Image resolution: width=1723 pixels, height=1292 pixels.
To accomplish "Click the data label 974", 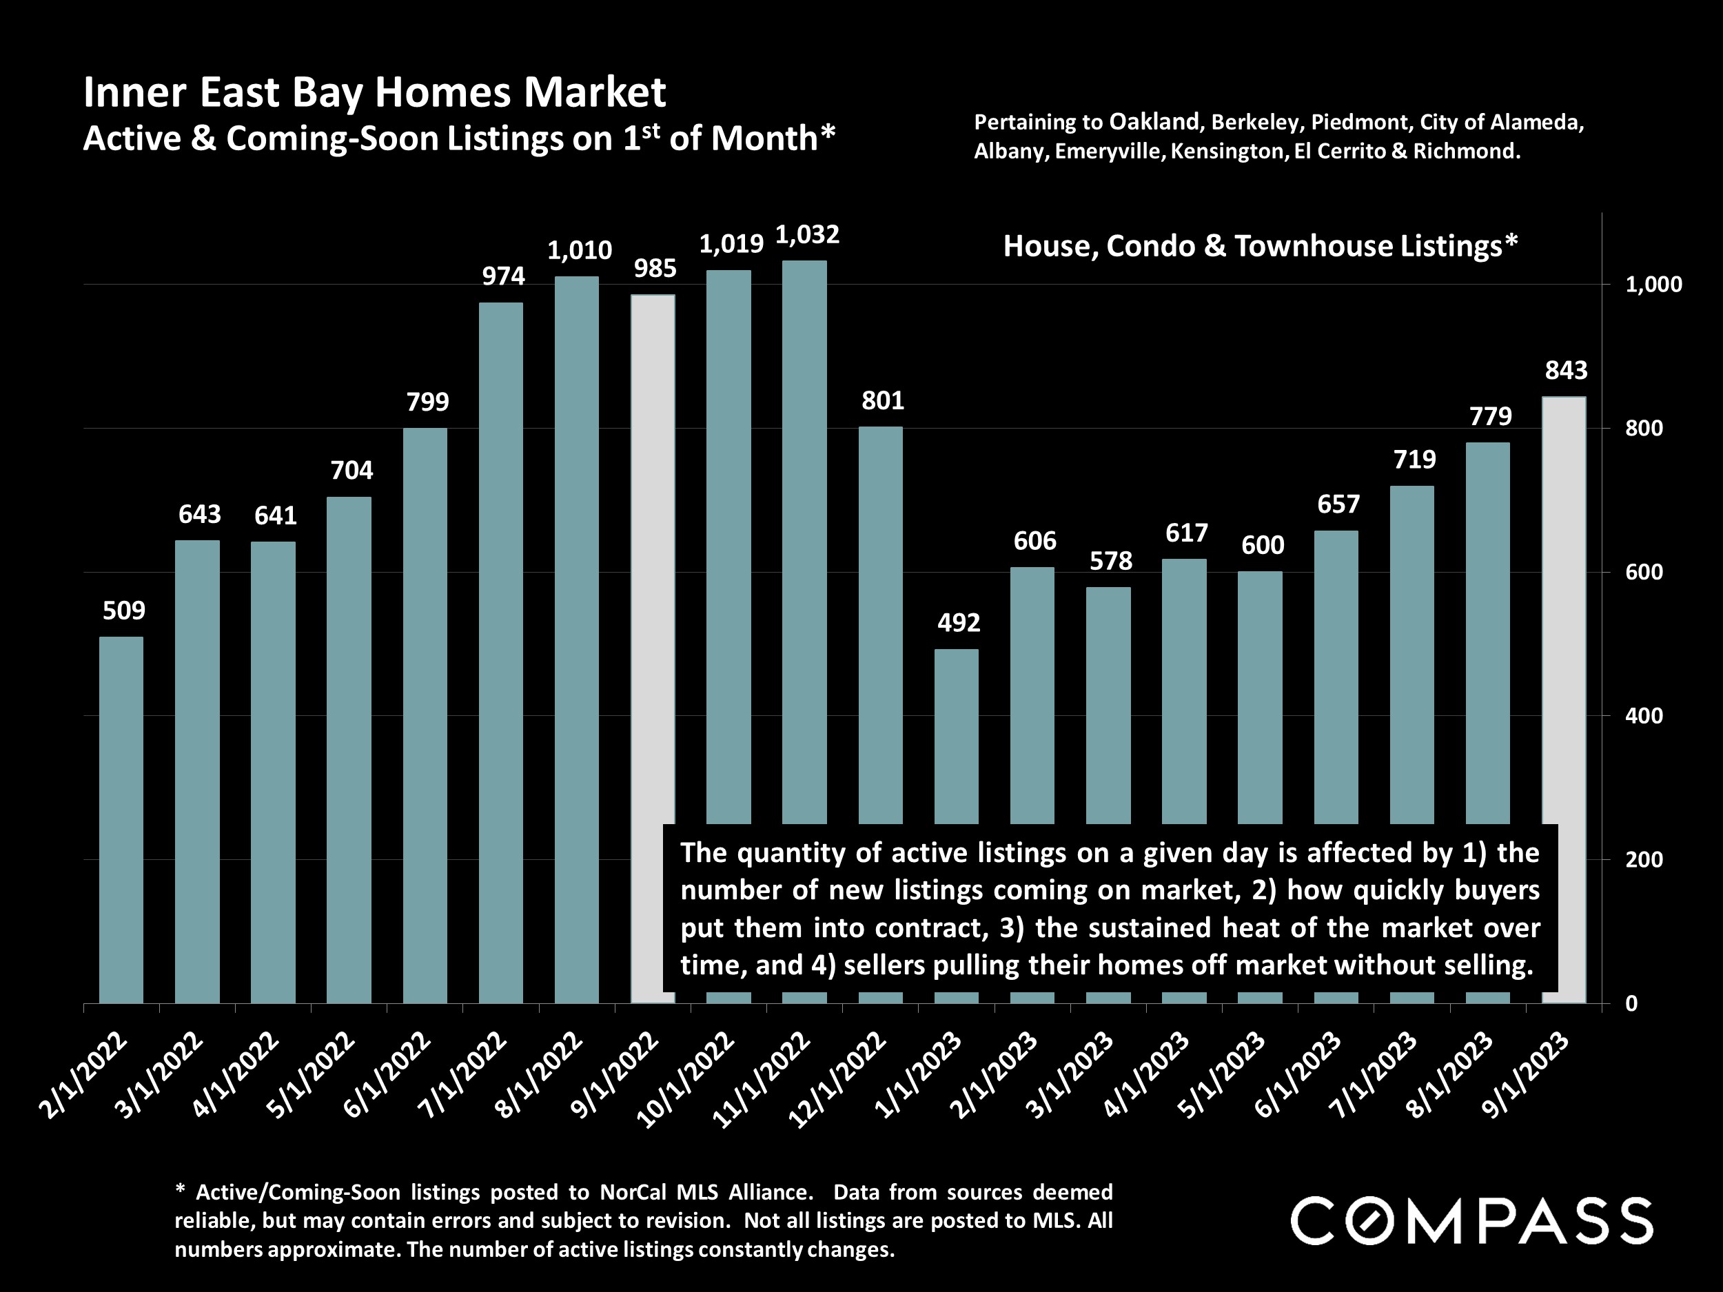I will pyautogui.click(x=503, y=276).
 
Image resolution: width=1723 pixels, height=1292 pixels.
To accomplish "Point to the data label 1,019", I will pyautogui.click(x=731, y=245).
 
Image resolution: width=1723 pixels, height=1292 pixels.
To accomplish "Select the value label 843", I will pyautogui.click(x=1566, y=371).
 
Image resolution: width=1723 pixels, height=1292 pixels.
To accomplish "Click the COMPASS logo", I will pyautogui.click(x=1471, y=1220).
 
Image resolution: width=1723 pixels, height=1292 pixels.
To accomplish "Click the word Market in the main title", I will pyautogui.click(x=594, y=92).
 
